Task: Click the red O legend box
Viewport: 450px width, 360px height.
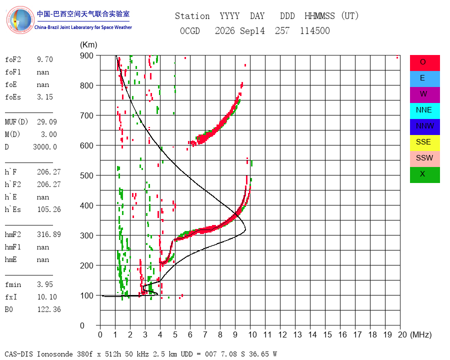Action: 424,62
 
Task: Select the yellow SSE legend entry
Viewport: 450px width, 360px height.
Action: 424,142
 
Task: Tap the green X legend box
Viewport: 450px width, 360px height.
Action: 424,174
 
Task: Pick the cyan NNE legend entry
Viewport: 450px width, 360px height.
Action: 424,110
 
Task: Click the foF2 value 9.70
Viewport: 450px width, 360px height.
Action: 45,59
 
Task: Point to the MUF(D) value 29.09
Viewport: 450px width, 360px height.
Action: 47,122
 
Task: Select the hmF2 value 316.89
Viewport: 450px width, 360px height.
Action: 49,234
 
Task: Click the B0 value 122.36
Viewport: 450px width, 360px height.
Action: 49,309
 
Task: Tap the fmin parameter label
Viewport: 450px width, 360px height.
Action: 13,284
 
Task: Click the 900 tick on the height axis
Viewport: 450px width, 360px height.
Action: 86,55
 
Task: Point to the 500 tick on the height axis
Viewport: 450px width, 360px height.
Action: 86,175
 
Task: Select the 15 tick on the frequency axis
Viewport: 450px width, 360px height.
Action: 327,334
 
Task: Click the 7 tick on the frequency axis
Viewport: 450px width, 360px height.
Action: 205,334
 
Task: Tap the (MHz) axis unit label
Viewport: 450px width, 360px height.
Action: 421,334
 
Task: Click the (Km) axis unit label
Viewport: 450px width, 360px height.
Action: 88,45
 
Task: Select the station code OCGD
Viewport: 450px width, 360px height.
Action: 189,30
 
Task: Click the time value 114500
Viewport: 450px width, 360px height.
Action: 315,30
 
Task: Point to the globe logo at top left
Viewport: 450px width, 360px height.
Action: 20,20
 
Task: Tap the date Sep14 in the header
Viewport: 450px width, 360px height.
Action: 252,30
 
